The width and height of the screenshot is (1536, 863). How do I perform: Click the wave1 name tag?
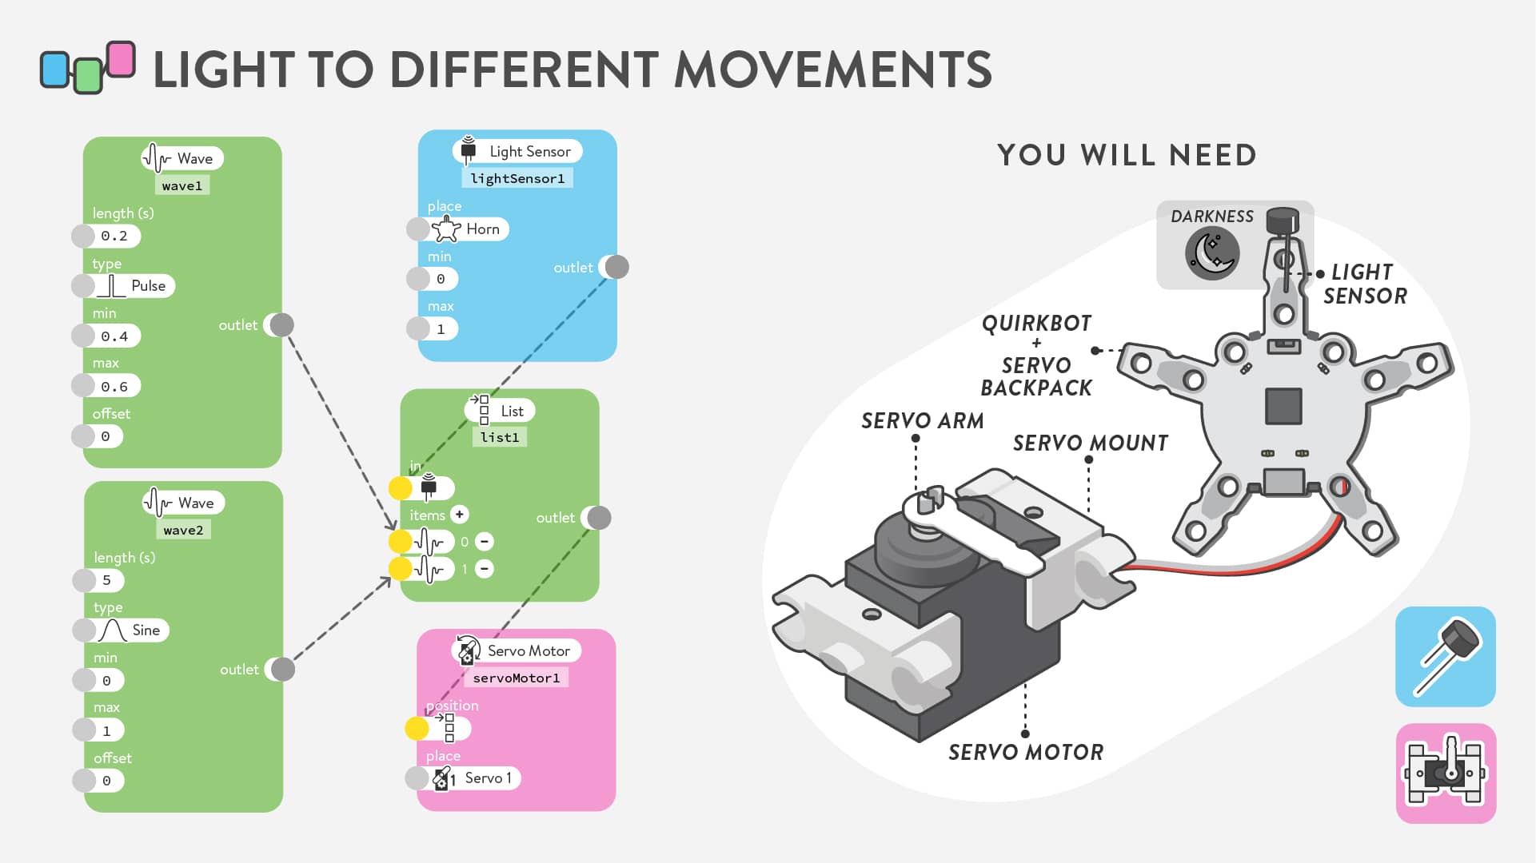tap(182, 185)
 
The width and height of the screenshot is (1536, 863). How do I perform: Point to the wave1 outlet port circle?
tap(281, 324)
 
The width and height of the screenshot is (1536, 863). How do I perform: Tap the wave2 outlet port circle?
tap(282, 669)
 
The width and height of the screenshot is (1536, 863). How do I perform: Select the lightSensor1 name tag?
tap(517, 178)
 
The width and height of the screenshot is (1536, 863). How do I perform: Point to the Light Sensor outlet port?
tap(616, 267)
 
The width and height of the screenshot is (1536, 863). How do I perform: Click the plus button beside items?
tap(459, 515)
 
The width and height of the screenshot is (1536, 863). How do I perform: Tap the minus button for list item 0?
tap(484, 542)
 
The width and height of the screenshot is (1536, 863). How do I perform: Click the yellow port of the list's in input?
tap(400, 488)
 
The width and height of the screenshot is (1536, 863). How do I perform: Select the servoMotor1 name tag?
tap(517, 678)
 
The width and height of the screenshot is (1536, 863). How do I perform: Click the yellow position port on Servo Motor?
tap(417, 728)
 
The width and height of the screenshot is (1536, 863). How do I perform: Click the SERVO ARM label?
tap(922, 421)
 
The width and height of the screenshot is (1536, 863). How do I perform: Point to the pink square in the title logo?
tap(121, 59)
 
